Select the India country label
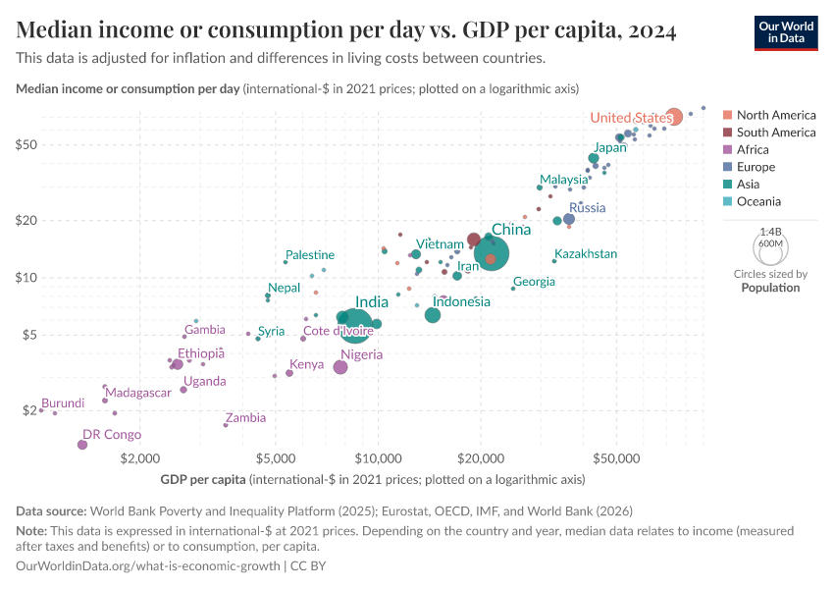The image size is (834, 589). (372, 302)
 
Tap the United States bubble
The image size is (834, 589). (673, 117)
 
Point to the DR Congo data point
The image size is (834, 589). (82, 445)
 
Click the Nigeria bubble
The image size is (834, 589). (340, 367)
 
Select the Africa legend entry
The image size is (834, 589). (753, 150)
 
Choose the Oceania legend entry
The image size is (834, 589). (758, 201)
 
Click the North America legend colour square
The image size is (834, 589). (727, 116)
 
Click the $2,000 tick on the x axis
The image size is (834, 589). (140, 458)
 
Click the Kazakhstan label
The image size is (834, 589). (586, 254)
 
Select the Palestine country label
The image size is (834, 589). (310, 255)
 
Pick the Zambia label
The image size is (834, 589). (245, 417)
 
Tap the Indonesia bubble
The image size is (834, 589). (433, 315)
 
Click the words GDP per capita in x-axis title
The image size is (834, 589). (203, 480)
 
